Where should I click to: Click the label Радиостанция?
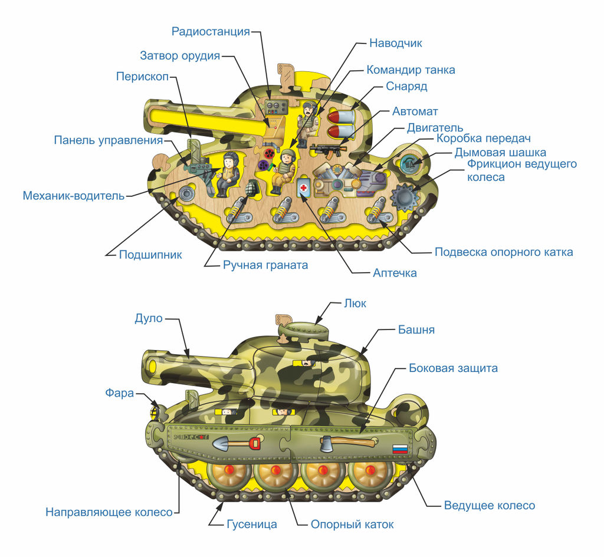(211, 31)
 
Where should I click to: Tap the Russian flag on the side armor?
(400, 449)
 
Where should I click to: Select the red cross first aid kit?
(303, 187)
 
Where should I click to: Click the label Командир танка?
(411, 70)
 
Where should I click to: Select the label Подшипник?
(150, 255)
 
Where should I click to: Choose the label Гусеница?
(251, 524)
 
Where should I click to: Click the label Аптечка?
(395, 273)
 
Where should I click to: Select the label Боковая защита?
(453, 368)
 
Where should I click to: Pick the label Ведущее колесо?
(489, 506)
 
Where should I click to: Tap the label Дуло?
(148, 319)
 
